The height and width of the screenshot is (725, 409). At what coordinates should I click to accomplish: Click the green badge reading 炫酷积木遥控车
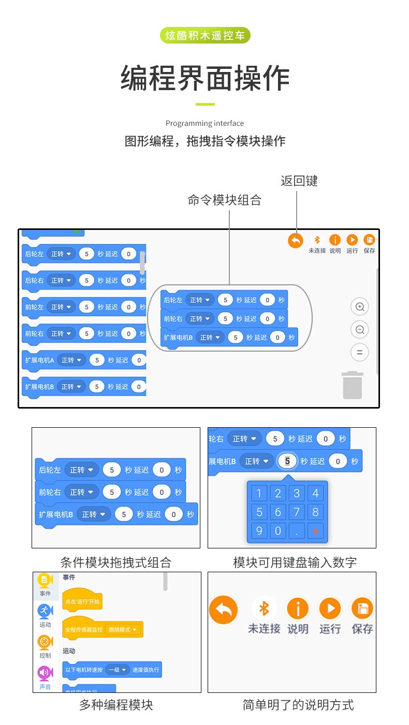tap(206, 36)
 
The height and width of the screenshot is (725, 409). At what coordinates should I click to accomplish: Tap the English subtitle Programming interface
tap(204, 123)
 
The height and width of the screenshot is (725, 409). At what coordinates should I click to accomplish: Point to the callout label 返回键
tap(299, 181)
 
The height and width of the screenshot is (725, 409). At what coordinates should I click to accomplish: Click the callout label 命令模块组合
tap(224, 200)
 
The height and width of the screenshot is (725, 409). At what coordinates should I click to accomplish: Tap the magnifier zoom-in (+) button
tap(359, 307)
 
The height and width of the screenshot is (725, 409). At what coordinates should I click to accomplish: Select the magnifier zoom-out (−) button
tap(359, 329)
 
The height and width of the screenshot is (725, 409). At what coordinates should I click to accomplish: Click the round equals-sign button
tap(359, 352)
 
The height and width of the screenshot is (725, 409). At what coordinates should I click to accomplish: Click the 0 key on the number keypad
tap(278, 531)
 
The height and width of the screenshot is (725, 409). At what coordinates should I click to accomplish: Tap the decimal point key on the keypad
tap(297, 531)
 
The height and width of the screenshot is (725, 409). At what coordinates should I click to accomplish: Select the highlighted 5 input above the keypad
tap(287, 461)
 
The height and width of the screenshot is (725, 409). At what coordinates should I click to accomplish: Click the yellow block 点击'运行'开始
tap(82, 602)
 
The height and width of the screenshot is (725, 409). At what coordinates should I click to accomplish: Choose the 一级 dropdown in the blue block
tap(117, 670)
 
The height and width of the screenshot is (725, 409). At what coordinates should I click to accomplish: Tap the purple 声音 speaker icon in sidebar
tap(45, 673)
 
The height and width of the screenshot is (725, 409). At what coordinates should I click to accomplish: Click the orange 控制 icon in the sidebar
tap(45, 643)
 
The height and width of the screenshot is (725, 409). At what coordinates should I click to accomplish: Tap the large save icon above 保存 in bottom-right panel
tap(362, 608)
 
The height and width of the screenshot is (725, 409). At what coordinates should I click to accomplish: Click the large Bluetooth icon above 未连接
tap(264, 608)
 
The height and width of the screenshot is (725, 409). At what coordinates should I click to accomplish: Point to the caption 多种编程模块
tap(116, 705)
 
